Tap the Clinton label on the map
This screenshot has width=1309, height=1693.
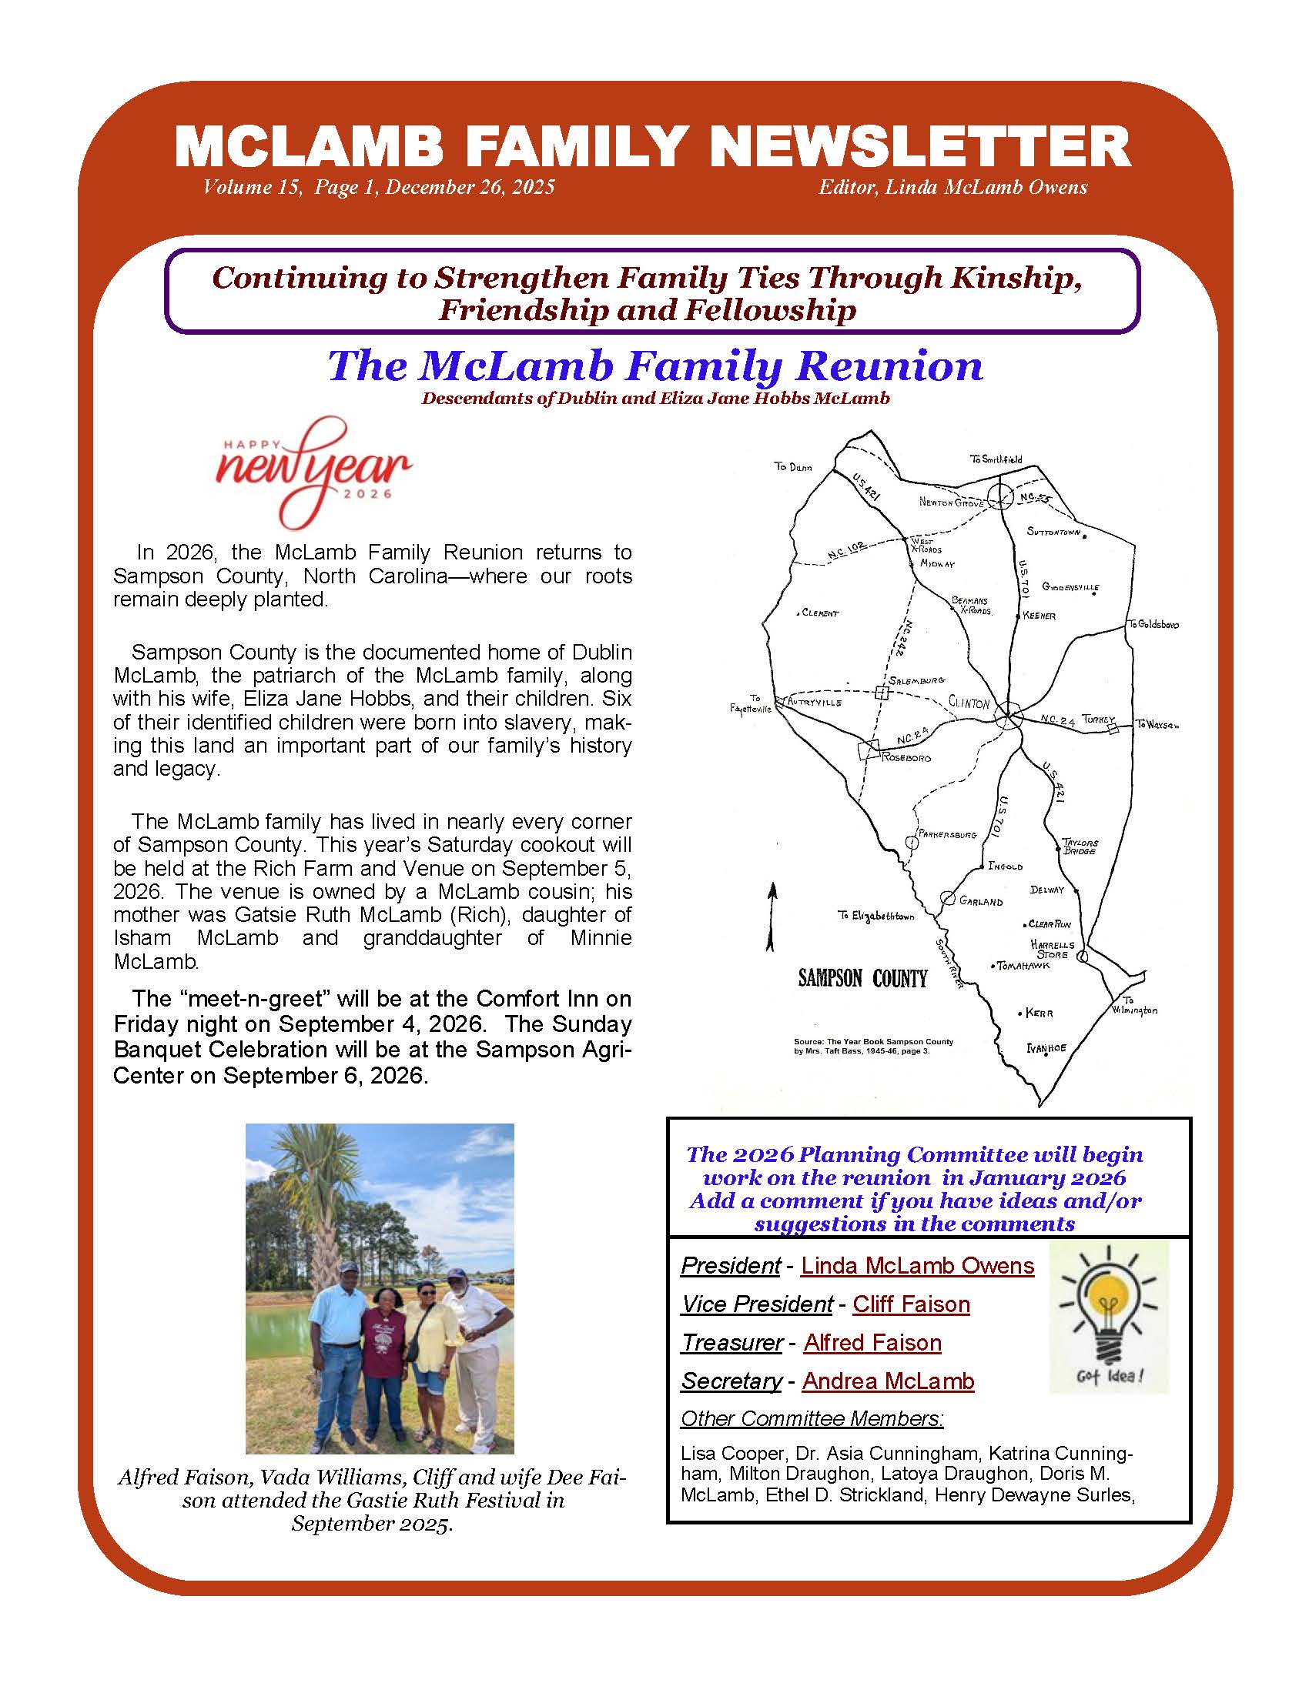(x=969, y=703)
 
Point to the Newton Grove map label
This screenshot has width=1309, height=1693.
(x=951, y=503)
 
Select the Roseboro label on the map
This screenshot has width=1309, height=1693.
(x=905, y=757)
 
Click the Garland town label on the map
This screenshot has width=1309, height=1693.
(x=981, y=902)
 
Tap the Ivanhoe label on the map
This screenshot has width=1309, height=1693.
(x=1046, y=1048)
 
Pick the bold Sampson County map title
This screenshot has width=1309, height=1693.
(x=862, y=978)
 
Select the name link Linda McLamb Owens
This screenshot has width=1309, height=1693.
(x=917, y=1266)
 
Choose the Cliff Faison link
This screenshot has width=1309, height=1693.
(x=911, y=1304)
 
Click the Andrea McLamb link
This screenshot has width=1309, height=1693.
(x=888, y=1381)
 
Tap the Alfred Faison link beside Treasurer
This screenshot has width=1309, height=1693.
(x=872, y=1343)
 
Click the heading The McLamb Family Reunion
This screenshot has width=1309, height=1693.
(x=655, y=366)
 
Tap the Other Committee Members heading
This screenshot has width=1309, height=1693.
(x=812, y=1418)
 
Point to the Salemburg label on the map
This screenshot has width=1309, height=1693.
(x=916, y=680)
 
